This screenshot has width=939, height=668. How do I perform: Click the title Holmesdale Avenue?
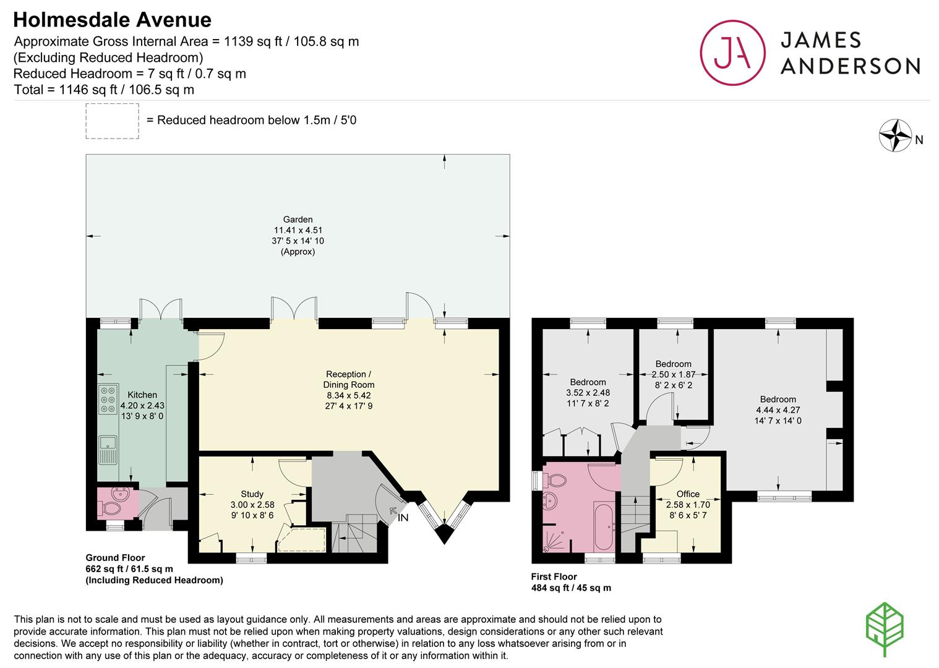tap(113, 20)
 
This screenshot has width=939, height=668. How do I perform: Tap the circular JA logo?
tap(732, 53)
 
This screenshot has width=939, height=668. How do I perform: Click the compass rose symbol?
tap(896, 135)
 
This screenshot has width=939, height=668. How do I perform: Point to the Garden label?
tap(298, 219)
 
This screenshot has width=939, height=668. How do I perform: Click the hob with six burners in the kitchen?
tap(108, 400)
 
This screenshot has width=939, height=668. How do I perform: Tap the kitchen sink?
tap(108, 450)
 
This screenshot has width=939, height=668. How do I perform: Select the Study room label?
tap(252, 494)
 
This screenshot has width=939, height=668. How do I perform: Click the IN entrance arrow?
tap(393, 511)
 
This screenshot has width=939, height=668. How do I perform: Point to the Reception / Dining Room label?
tap(349, 379)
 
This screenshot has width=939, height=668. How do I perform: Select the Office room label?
tap(688, 494)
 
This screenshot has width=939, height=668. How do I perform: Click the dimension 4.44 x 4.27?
tap(778, 410)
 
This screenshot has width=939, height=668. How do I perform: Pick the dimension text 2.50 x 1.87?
tap(673, 374)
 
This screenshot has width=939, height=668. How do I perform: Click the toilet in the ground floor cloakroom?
tap(111, 509)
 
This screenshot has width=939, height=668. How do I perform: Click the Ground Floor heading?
tap(115, 558)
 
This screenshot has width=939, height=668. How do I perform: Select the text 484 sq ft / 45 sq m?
tap(571, 588)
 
